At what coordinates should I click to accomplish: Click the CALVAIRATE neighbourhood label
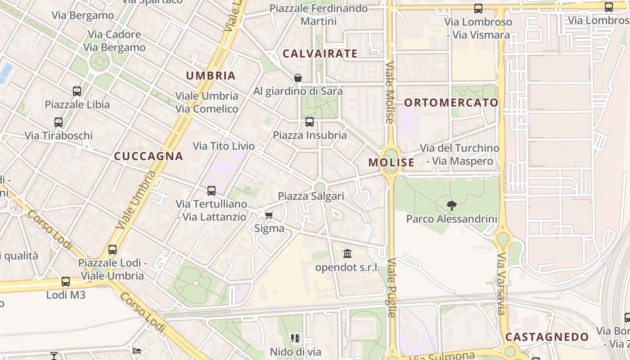point(320,54)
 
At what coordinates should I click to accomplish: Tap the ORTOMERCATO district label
point(451,103)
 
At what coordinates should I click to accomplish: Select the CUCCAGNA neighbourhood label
point(148,156)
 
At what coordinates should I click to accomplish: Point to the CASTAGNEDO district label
point(547,337)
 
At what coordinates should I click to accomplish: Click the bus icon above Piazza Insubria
point(310,122)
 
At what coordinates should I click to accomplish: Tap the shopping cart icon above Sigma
point(269,215)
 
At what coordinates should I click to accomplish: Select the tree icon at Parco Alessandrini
point(452,206)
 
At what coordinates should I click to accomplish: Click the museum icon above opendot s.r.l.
point(347,254)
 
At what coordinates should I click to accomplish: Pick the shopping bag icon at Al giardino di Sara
point(297,78)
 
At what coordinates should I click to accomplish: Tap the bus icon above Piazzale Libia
point(77,91)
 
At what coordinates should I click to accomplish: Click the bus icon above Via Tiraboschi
point(58,122)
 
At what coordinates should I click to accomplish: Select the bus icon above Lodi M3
point(66,282)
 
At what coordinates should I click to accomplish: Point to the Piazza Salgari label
point(311,196)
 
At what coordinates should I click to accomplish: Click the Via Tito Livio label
point(224,146)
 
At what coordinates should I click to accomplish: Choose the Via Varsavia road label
point(502,284)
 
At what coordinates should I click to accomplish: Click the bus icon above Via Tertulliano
point(211,191)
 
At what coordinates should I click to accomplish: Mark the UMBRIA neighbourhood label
point(211,76)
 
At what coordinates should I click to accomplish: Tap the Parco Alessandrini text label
point(452,219)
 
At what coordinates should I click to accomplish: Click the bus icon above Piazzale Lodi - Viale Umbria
point(112,250)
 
